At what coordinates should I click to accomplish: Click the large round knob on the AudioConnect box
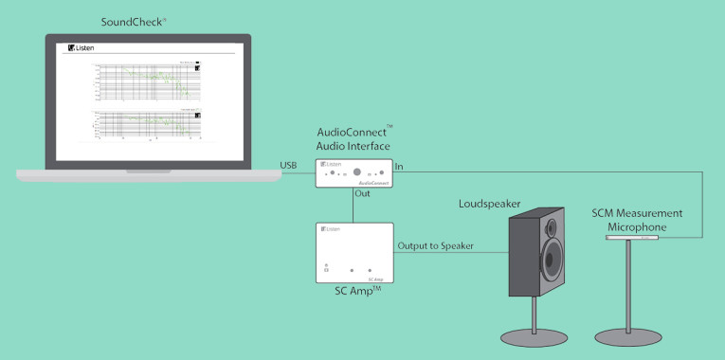point(356,172)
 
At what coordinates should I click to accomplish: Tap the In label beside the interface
point(399,167)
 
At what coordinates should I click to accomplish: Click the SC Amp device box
point(353,253)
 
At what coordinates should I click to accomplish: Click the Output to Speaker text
point(436,247)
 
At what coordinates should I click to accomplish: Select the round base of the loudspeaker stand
point(537,336)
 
